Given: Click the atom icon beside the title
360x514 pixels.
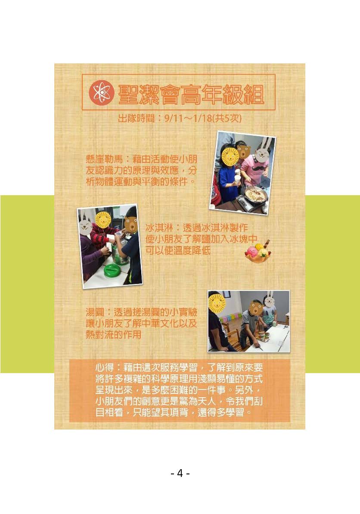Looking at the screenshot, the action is pos(102,93).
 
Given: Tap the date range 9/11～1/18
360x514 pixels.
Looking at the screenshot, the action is pos(188,118).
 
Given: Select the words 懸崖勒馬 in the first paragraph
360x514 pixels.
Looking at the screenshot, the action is pos(104,159).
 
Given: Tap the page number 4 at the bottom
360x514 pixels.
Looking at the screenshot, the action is pos(180,473).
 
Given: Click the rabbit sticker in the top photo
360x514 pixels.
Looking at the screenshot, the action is pos(263,150).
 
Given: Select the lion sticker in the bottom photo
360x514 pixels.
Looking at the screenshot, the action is pos(216,302).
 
